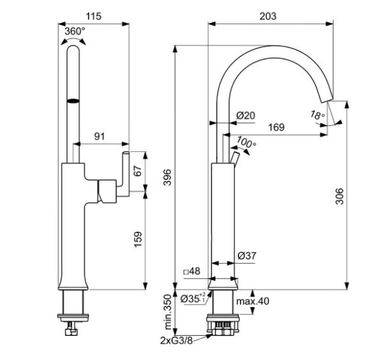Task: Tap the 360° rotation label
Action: (75, 31)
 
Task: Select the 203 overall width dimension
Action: (268, 16)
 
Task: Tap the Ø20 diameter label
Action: (245, 115)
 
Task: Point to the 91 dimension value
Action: (100, 136)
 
